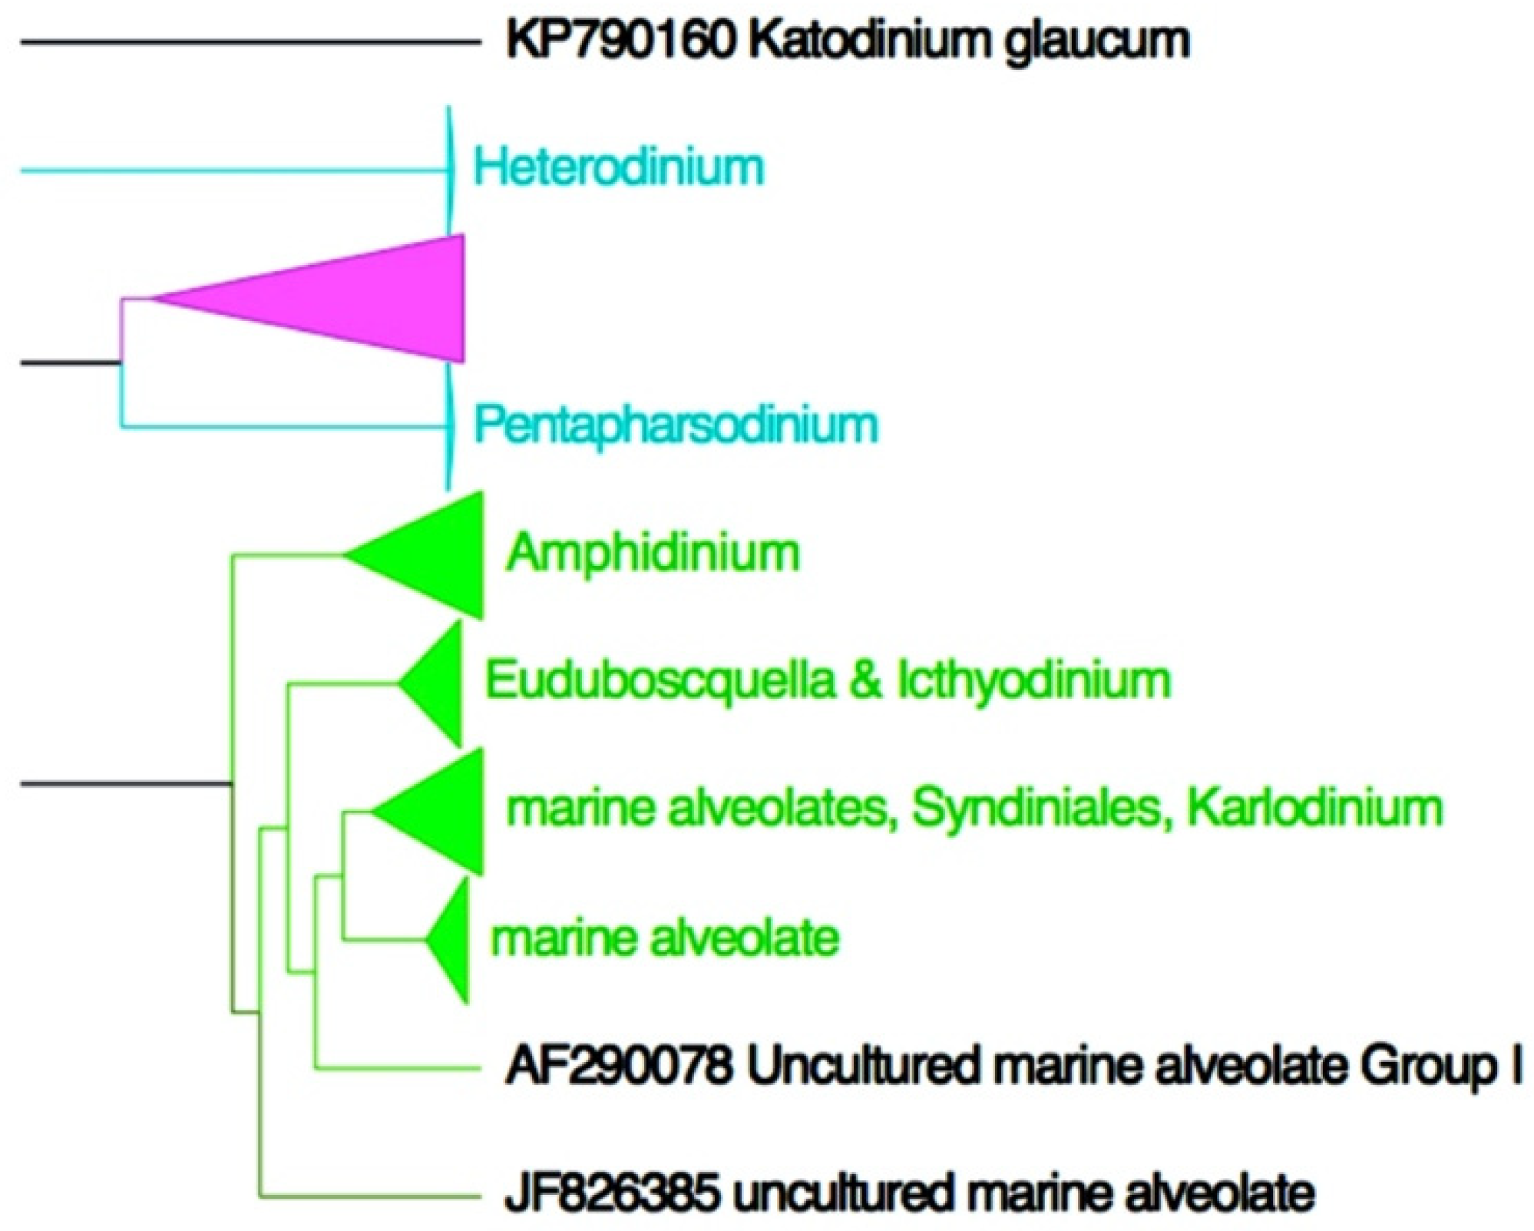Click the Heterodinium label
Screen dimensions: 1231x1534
(x=619, y=167)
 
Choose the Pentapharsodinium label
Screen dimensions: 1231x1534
(x=676, y=425)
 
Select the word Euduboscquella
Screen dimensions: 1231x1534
(x=660, y=680)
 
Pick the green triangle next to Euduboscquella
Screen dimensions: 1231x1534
(x=438, y=682)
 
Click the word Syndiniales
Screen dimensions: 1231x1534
(x=1036, y=809)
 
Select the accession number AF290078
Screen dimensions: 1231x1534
(x=617, y=1067)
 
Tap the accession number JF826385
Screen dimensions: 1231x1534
(x=612, y=1193)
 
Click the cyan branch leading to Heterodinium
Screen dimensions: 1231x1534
(x=230, y=170)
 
